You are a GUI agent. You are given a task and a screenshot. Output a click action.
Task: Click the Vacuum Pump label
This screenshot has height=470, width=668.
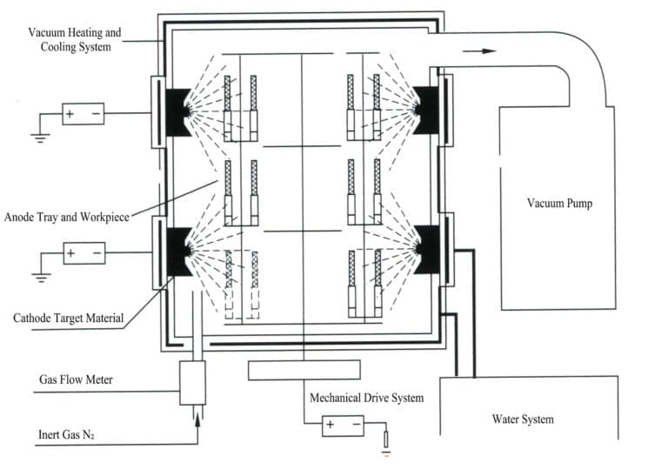pos(559,204)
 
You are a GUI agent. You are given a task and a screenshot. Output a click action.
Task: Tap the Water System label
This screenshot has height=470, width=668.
pos(523,420)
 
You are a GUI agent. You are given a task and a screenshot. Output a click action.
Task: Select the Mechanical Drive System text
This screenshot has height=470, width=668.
pos(366,398)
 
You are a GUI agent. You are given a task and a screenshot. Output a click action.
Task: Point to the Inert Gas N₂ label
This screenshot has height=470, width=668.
pos(71,433)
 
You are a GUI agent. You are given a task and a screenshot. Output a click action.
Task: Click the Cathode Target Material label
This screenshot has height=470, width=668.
pos(66,318)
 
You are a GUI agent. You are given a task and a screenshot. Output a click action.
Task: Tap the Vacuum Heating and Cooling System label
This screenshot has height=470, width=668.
pos(74,39)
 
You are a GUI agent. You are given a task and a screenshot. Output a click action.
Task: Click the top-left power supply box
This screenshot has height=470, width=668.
pos(83,113)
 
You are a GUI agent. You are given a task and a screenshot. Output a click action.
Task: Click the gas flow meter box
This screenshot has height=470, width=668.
pos(192,382)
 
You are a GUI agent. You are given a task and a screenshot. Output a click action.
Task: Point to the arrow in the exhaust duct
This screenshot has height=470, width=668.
pos(479,51)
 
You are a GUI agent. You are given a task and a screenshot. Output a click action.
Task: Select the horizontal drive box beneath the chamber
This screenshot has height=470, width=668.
pos(304,370)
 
